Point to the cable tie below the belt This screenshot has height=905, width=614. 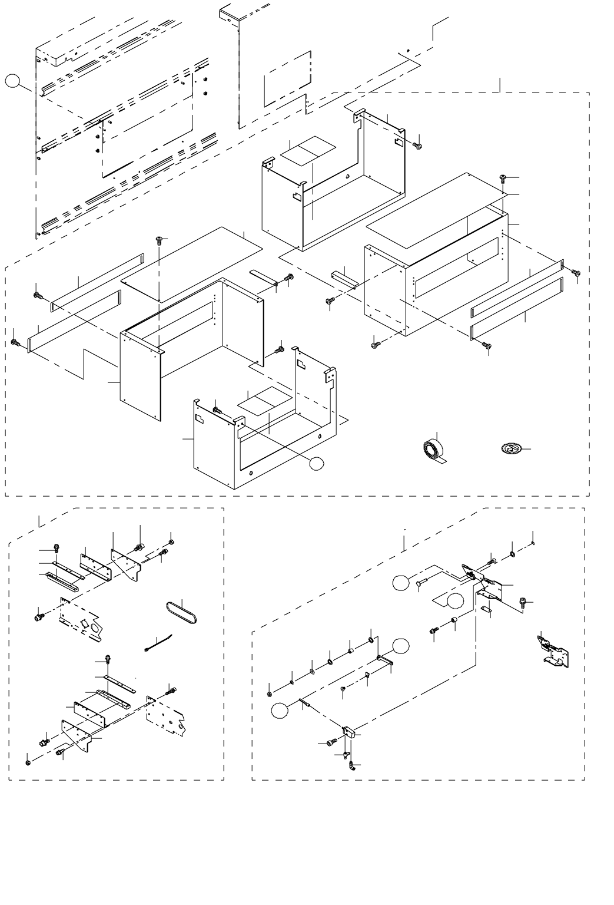158,643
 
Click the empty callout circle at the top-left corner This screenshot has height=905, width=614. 14,81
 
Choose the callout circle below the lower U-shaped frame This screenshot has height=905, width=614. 317,463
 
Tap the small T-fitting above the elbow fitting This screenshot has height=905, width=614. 345,754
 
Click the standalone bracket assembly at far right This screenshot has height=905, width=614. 553,650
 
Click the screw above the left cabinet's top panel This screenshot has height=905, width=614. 159,239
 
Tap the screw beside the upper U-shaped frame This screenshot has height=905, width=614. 418,144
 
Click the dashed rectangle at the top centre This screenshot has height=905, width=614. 287,78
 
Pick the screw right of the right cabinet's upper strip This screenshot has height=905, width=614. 575,272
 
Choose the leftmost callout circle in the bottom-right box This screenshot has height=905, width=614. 280,711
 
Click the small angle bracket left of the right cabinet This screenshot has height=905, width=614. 344,278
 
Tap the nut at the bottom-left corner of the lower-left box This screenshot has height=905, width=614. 28,763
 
